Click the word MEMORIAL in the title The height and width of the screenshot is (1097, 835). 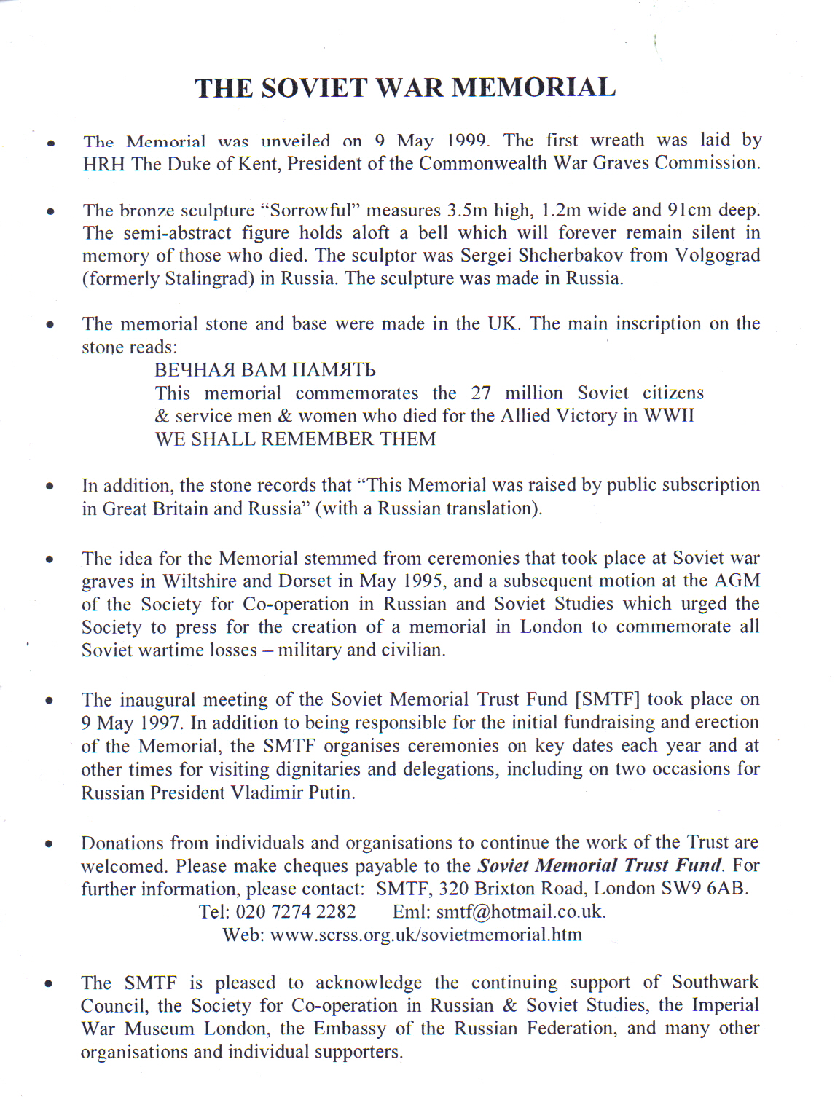click(533, 87)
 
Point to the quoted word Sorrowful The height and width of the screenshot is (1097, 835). click(311, 211)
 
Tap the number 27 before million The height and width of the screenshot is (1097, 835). click(481, 393)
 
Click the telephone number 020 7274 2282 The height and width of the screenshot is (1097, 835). click(296, 912)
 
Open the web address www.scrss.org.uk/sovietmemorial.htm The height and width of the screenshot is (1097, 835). click(426, 935)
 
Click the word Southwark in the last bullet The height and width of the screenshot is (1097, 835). click(715, 983)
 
